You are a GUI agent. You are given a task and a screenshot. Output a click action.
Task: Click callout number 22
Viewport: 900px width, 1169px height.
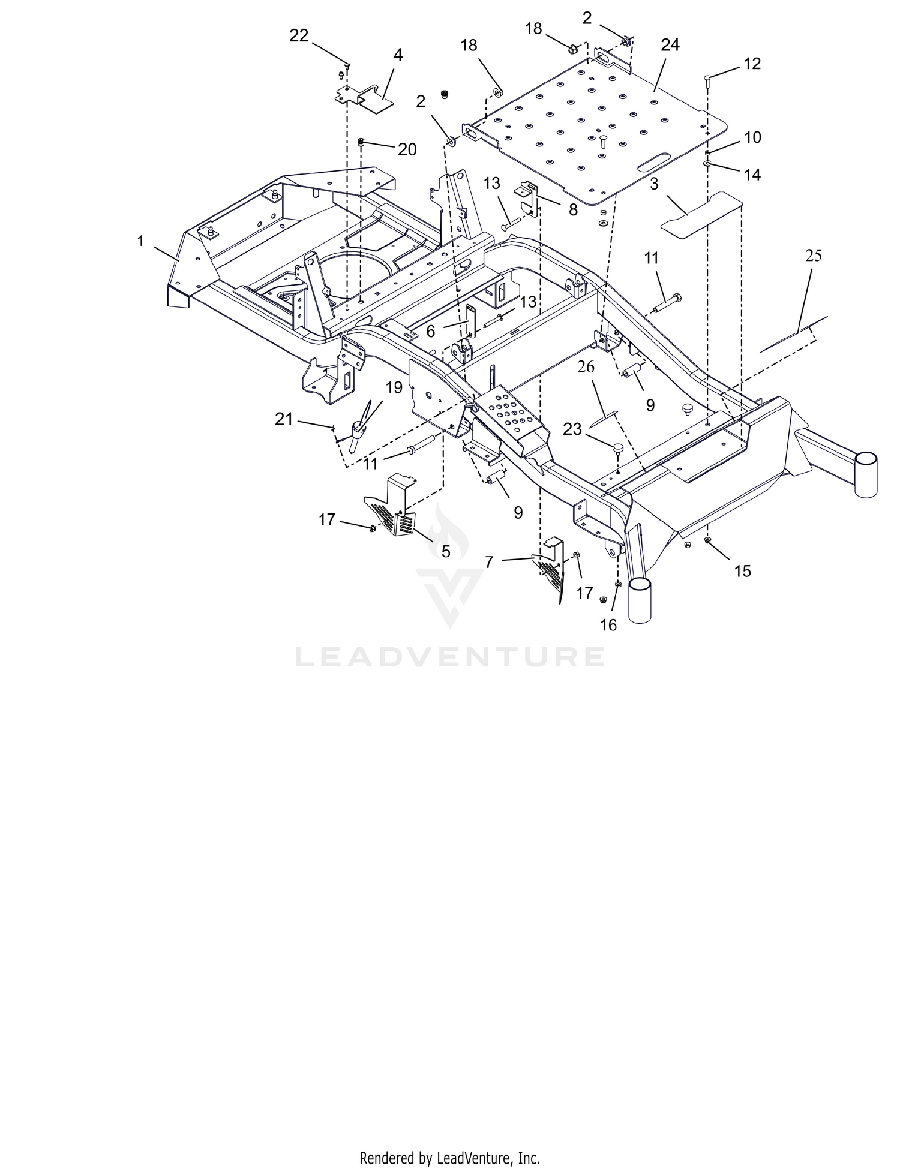pyautogui.click(x=299, y=37)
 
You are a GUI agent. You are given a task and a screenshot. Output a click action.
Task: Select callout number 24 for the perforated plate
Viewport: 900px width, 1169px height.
pyautogui.click(x=670, y=45)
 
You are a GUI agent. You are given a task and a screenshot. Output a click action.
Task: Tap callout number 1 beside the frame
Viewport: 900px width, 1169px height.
pyautogui.click(x=140, y=241)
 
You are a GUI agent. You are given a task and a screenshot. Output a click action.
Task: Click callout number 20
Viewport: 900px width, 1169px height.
pyautogui.click(x=407, y=149)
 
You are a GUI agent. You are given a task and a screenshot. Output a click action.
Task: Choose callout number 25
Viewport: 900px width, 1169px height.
pyautogui.click(x=814, y=256)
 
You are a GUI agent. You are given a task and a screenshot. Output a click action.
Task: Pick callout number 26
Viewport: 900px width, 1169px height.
pyautogui.click(x=586, y=367)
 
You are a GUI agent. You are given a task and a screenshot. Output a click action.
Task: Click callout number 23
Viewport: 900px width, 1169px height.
pyautogui.click(x=572, y=429)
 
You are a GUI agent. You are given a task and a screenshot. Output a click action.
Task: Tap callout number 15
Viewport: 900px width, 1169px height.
pyautogui.click(x=742, y=571)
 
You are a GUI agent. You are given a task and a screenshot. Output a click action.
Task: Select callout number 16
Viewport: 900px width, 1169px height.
pyautogui.click(x=608, y=625)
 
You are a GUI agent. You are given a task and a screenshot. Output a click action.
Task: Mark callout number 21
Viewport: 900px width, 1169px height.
pyautogui.click(x=284, y=419)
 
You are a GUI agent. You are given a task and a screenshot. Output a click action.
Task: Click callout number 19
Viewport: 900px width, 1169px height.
pyautogui.click(x=394, y=387)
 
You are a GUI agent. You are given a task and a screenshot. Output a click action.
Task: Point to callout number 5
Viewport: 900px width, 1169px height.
pyautogui.click(x=445, y=552)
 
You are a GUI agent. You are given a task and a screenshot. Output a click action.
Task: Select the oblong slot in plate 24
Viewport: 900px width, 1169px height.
pyautogui.click(x=654, y=163)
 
